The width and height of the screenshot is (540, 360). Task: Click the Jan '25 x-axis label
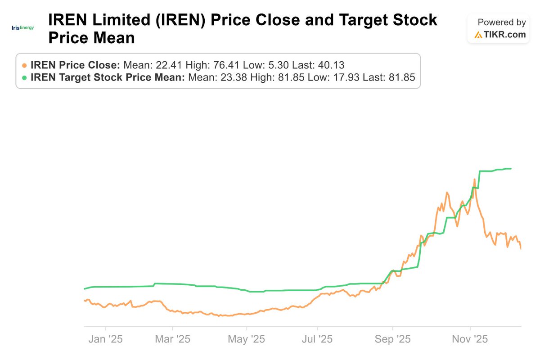point(106,338)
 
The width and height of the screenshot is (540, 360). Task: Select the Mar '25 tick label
point(172,338)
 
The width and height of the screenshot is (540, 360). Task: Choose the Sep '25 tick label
point(392,338)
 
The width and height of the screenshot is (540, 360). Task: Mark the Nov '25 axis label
point(470,338)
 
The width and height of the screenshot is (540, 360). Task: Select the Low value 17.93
point(344,77)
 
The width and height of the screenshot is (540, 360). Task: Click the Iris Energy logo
point(22,28)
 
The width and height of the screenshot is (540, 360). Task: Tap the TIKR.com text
point(505,35)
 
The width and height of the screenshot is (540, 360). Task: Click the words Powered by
point(501,22)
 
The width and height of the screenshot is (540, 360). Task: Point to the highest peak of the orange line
point(474,179)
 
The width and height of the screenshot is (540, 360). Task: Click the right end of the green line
point(511,169)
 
